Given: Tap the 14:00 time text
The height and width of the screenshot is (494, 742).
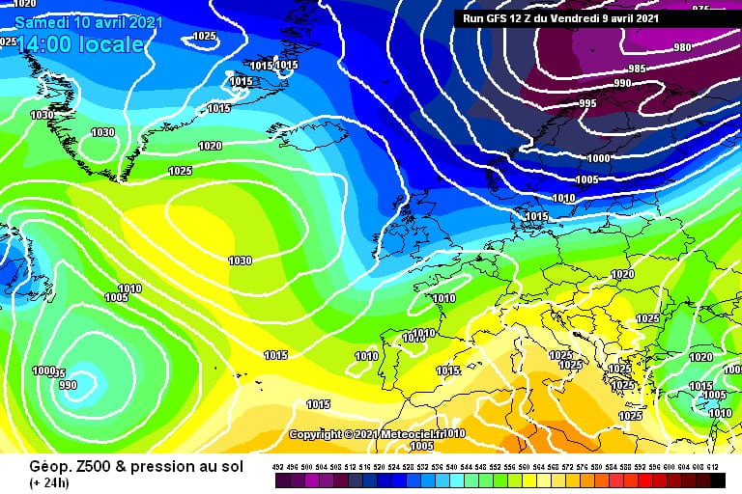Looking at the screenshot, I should click(x=45, y=44).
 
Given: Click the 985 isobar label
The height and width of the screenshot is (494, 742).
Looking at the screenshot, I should click(x=637, y=69).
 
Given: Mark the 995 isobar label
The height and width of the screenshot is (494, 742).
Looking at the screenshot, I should click(x=587, y=103).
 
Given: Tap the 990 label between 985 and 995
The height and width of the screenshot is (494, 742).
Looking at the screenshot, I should click(x=622, y=84).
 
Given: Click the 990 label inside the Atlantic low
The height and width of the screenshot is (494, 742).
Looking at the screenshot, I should click(x=68, y=385).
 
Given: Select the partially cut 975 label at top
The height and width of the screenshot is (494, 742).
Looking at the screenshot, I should click(x=700, y=8).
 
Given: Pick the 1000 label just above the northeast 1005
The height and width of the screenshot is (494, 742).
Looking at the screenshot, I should click(x=598, y=158).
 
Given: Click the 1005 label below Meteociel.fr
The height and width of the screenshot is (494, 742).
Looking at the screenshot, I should click(x=421, y=447).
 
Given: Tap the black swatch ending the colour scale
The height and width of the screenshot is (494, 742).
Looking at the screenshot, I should click(x=716, y=479).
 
